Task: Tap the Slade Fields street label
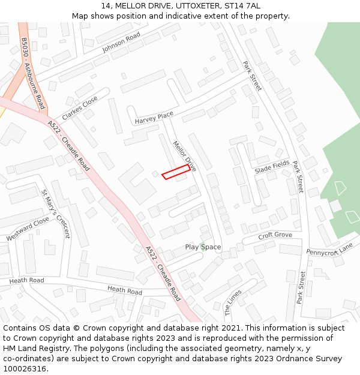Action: click(x=272, y=168)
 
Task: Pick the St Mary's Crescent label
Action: click(x=56, y=214)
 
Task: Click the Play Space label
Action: click(x=203, y=247)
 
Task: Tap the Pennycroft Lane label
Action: click(x=329, y=248)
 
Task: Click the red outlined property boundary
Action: click(x=176, y=172)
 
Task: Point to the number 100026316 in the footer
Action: click(x=24, y=368)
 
